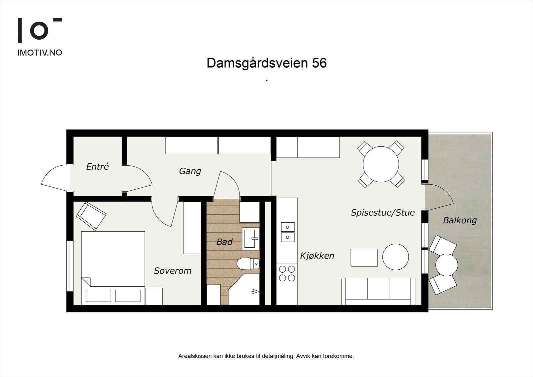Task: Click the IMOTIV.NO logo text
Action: [40, 53]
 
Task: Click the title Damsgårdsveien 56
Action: [266, 63]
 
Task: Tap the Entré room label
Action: [97, 167]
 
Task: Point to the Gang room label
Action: [190, 171]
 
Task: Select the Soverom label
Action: [173, 271]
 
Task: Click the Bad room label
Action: [224, 242]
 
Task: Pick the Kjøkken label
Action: [317, 256]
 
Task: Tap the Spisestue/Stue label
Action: [382, 213]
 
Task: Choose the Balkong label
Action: [460, 220]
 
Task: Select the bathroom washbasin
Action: [250, 239]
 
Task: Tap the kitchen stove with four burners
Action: [286, 273]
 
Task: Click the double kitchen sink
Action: [287, 232]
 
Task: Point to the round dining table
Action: [381, 164]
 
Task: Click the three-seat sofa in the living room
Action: [378, 291]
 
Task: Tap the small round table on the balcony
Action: [446, 265]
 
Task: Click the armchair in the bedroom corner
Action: [91, 216]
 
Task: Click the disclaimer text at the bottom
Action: [266, 356]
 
